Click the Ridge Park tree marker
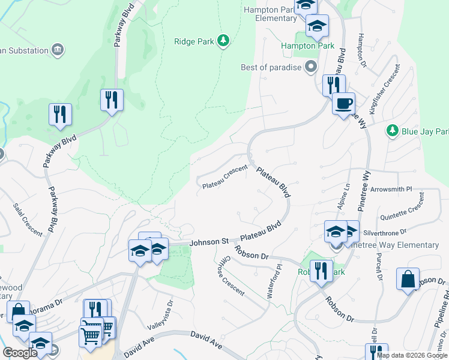pyautogui.click(x=223, y=41)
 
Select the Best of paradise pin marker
pyautogui.click(x=310, y=67)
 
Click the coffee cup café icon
pyautogui.click(x=343, y=103)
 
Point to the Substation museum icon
pyautogui.click(x=58, y=49)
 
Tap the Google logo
pyautogui.click(x=20, y=353)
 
